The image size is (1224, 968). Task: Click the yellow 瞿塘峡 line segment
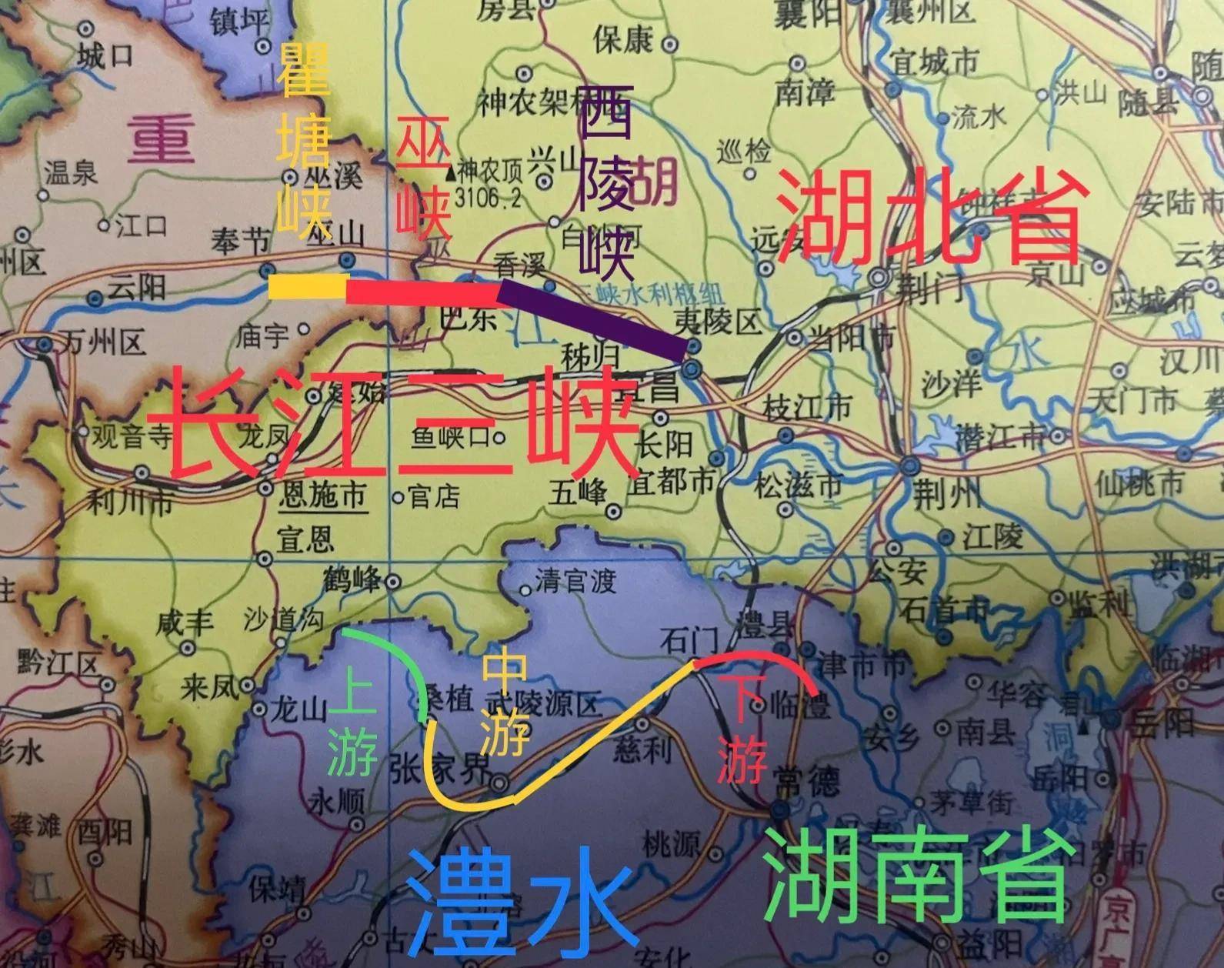pos(308,286)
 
